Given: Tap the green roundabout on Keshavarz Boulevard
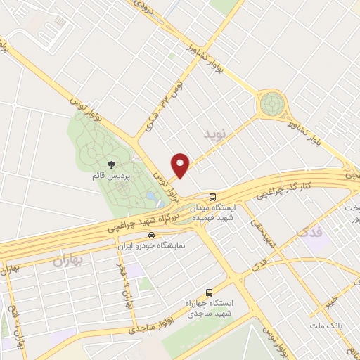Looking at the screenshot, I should (x=270, y=105).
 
